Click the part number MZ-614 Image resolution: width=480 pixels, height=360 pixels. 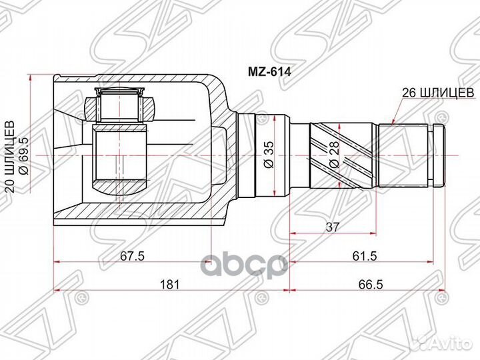269,71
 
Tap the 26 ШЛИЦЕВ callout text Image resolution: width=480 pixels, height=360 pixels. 438,93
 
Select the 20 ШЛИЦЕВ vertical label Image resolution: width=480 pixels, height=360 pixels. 11,157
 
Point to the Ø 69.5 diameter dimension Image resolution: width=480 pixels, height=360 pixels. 23,157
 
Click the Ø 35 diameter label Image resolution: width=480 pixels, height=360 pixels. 269,155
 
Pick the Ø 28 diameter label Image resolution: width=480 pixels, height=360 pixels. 335,155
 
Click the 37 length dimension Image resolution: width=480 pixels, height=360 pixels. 333,227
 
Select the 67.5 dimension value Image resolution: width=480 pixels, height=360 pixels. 132,256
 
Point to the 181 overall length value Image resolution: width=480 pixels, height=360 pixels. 170,284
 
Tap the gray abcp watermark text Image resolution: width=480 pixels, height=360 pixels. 245,265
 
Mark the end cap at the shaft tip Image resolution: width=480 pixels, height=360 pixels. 439,155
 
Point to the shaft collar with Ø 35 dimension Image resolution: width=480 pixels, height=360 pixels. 272,155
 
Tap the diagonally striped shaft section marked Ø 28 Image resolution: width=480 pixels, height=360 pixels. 343,155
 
